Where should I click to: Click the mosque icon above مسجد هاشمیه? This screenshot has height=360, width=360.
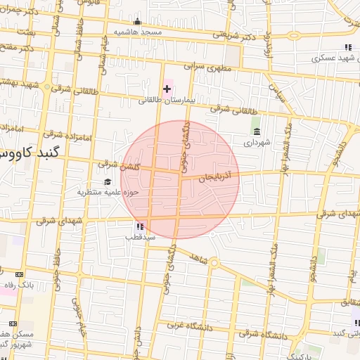click(137, 21)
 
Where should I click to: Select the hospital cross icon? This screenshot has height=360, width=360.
click(167, 89)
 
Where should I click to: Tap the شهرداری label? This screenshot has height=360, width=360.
click(256, 142)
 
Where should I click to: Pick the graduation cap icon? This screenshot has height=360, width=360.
click(108, 181)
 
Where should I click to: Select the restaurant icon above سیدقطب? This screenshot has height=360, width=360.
click(139, 226)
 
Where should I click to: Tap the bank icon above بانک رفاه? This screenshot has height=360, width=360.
click(19, 274)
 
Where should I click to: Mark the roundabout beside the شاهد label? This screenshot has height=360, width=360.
click(214, 264)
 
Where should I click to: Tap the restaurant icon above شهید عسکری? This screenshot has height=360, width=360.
click(348, 47)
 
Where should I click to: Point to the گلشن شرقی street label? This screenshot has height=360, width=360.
click(120, 165)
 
